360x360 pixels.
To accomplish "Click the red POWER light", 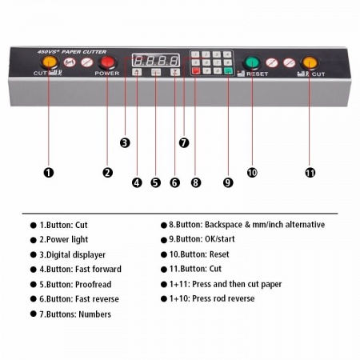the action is [107, 62].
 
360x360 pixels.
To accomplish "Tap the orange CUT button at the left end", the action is [50, 62].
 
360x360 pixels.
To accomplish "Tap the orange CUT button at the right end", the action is [310, 63].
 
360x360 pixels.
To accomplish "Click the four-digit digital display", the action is [156, 61].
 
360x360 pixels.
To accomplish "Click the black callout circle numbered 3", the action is [125, 142].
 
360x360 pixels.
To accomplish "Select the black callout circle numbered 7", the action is [184, 142].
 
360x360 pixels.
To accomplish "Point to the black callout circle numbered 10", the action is [252, 173].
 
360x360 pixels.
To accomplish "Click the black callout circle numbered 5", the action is [156, 182].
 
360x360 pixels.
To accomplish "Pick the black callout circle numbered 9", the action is [228, 182].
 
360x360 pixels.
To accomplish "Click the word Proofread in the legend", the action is [94, 284].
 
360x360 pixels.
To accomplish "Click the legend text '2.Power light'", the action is [64, 239].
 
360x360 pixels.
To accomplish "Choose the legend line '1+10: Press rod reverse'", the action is [212, 298].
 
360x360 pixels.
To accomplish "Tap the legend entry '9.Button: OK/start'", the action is [202, 239].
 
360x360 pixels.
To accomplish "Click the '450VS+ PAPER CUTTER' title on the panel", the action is [72, 52].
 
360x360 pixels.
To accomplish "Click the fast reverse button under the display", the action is [175, 72].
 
